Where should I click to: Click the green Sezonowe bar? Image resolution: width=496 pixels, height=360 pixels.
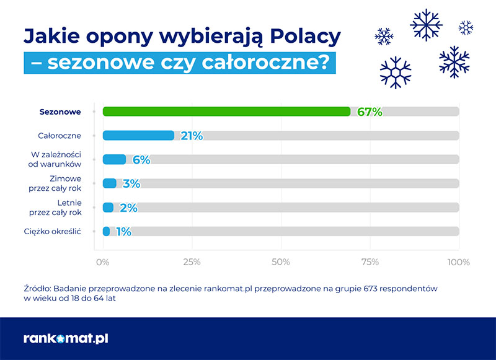click(x=226, y=112)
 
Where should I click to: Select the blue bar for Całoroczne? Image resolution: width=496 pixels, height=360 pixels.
click(x=138, y=136)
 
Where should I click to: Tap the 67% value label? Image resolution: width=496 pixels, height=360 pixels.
click(x=370, y=112)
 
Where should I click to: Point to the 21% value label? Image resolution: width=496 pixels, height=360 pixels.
click(x=192, y=136)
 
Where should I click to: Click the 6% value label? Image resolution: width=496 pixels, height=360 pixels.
click(x=141, y=160)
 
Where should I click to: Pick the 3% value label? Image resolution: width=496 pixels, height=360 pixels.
click(x=131, y=183)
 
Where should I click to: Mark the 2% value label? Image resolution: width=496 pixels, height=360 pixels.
click(x=128, y=208)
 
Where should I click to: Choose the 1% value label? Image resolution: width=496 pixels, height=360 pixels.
click(x=123, y=232)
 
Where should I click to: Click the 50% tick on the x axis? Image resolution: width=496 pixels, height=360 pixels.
click(x=281, y=262)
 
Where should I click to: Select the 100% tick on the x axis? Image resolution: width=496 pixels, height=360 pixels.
click(x=459, y=262)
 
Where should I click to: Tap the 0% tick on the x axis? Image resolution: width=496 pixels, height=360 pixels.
click(x=103, y=262)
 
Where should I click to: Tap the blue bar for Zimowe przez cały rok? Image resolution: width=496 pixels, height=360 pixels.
click(x=110, y=183)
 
